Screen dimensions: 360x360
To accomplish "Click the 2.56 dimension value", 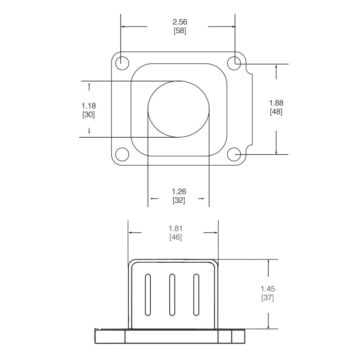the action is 180,22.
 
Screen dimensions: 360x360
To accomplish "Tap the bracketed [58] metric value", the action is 180,31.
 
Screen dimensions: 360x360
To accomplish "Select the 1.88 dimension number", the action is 276,103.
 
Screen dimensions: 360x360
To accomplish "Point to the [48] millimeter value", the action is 276,112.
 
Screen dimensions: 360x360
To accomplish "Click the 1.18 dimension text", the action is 89,106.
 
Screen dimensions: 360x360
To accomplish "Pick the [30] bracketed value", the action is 89,115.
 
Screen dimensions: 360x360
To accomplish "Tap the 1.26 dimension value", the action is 179,192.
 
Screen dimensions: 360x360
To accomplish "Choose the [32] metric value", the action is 179,200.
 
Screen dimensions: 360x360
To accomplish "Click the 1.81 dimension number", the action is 175,229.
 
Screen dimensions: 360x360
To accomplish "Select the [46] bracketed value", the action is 175,237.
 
